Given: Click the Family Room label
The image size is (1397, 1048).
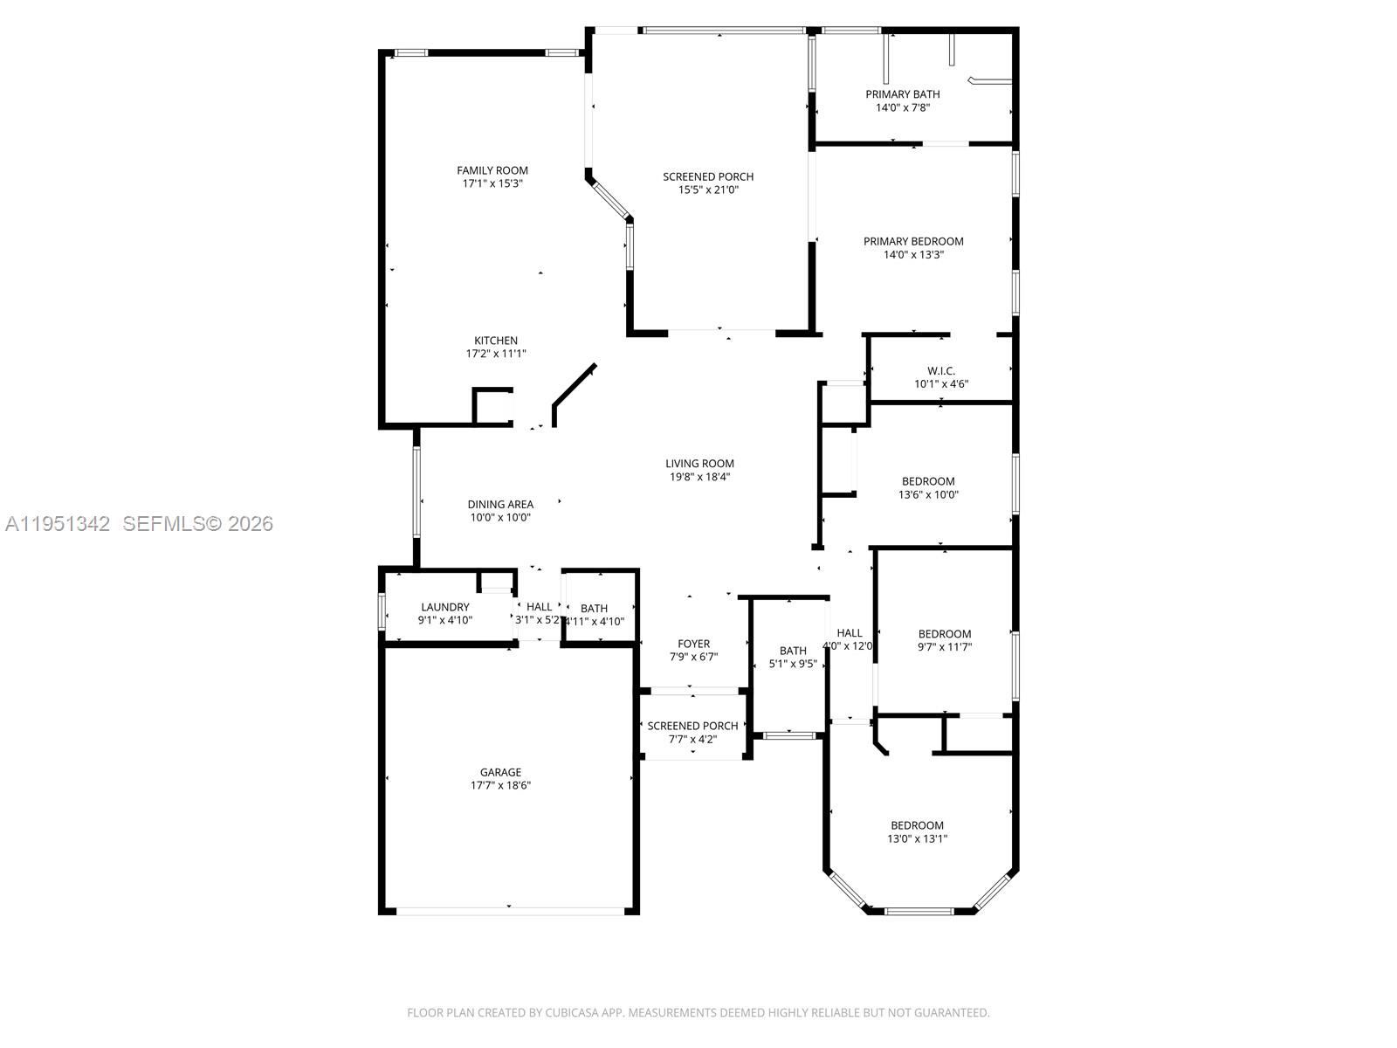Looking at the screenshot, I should pyautogui.click(x=492, y=170).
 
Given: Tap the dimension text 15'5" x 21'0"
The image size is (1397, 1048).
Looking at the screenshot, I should pyautogui.click(x=708, y=190).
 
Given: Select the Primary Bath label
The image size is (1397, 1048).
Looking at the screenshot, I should pyautogui.click(x=903, y=94).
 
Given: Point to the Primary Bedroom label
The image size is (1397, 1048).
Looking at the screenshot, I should pyautogui.click(x=913, y=241).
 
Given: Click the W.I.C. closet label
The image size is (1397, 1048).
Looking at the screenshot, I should pyautogui.click(x=941, y=370).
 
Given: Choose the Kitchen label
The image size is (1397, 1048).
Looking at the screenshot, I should pyautogui.click(x=496, y=341).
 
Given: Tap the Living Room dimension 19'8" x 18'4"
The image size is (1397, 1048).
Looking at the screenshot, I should pyautogui.click(x=699, y=477).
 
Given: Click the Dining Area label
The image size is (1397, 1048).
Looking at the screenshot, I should pyautogui.click(x=500, y=504).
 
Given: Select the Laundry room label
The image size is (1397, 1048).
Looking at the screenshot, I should pyautogui.click(x=445, y=607).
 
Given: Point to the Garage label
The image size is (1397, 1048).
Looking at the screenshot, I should pyautogui.click(x=500, y=772).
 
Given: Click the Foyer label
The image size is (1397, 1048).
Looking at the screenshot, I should pyautogui.click(x=694, y=644).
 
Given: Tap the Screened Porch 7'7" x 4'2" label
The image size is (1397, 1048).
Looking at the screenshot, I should pyautogui.click(x=693, y=726).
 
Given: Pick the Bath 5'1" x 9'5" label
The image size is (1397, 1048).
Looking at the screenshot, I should pyautogui.click(x=793, y=651).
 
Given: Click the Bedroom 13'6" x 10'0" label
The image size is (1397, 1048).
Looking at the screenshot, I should pyautogui.click(x=928, y=481).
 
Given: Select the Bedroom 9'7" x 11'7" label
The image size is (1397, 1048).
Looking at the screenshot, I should pyautogui.click(x=945, y=634).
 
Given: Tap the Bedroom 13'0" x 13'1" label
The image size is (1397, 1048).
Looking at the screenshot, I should pyautogui.click(x=917, y=825).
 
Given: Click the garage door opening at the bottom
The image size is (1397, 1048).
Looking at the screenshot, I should pyautogui.click(x=509, y=911).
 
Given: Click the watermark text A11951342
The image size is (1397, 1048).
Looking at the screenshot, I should pyautogui.click(x=58, y=524).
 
